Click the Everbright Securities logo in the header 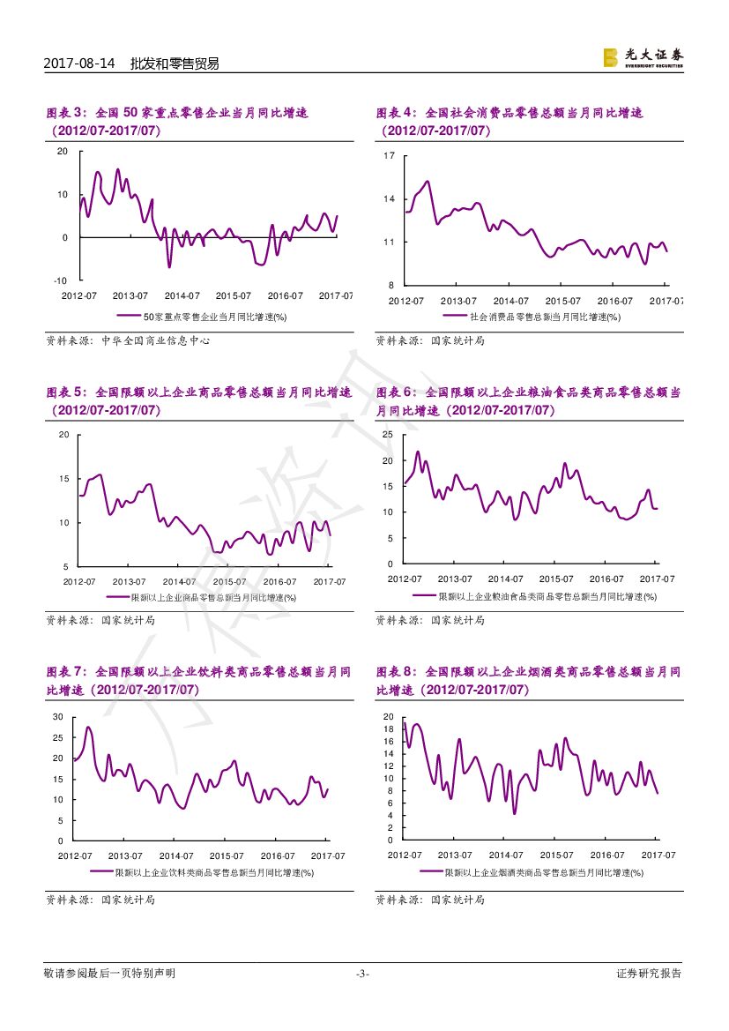[x=643, y=57]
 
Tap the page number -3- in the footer [x=362, y=974]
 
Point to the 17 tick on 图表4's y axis [x=389, y=156]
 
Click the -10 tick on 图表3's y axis [x=61, y=280]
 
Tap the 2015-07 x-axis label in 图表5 [x=229, y=581]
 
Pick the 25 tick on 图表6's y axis [x=388, y=436]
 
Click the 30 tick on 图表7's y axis [x=58, y=716]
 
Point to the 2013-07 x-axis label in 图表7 [x=126, y=855]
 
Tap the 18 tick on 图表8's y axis [x=389, y=729]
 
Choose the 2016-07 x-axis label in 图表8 [x=606, y=855]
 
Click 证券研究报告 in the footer [x=649, y=974]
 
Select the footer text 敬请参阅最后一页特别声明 [x=109, y=974]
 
